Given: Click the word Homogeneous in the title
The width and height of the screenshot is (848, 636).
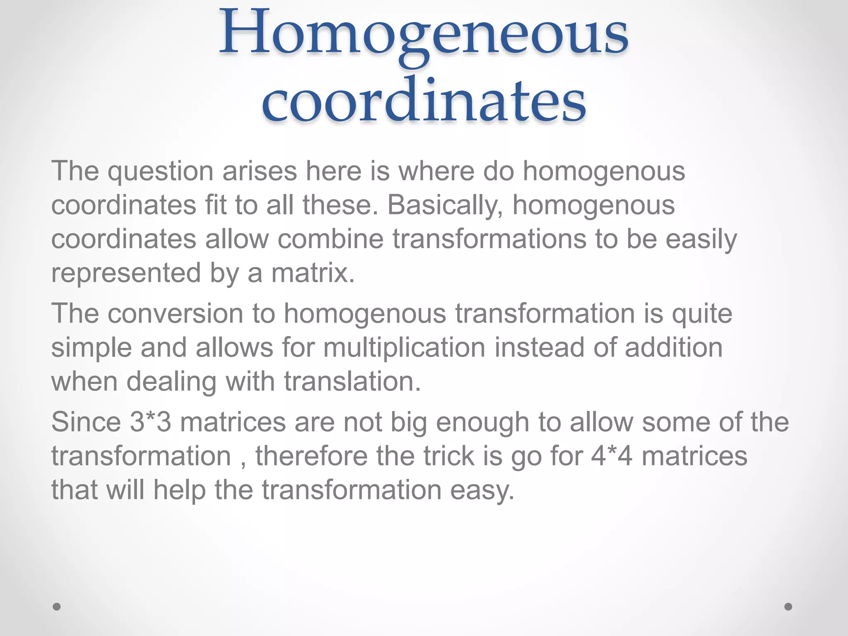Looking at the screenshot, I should (x=424, y=33).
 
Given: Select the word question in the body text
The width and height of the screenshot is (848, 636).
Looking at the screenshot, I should (x=161, y=171).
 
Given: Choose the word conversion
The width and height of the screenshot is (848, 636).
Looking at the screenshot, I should (x=175, y=313).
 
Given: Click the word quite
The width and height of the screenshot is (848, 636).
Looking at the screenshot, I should (x=702, y=314).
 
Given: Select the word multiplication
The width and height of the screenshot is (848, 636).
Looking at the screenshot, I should (x=404, y=347).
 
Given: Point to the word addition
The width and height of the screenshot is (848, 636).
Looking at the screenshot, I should (x=674, y=347).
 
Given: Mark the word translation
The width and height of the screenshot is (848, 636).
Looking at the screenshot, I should (x=352, y=381).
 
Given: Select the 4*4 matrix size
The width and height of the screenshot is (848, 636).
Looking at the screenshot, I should (x=612, y=456).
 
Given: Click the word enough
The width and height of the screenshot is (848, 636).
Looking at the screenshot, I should (x=482, y=423).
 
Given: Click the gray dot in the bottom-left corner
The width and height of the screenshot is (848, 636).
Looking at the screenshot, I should (x=57, y=607).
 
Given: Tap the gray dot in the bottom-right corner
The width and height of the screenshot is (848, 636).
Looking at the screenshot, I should (x=788, y=607).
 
